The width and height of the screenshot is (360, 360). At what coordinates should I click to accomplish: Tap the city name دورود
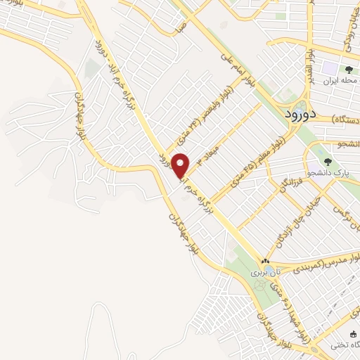306,112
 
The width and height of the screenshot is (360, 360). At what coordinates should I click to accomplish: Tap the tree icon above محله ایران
348,69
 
